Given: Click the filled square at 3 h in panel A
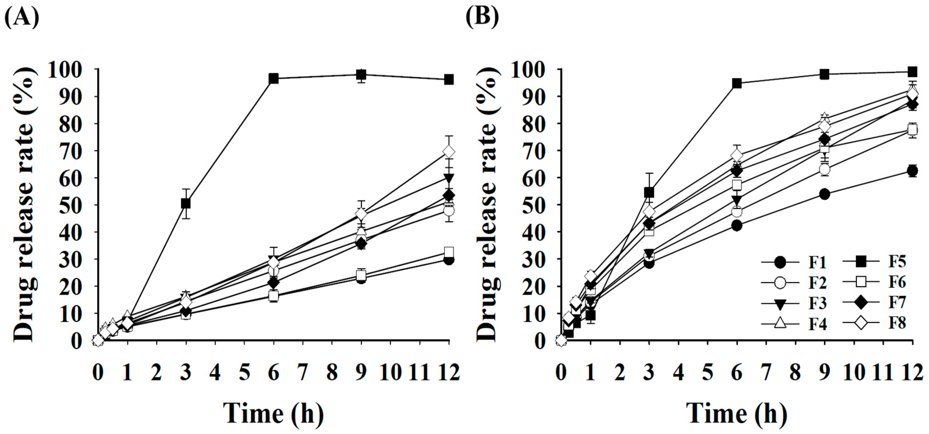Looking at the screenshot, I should click(x=186, y=204).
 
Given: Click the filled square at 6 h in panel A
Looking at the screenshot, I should click(x=274, y=78).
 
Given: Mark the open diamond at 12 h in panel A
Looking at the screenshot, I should click(x=449, y=152).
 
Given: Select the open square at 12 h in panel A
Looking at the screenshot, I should click(x=449, y=252).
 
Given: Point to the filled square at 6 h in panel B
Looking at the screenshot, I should click(x=737, y=83).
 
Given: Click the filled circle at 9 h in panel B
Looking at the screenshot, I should click(x=824, y=194).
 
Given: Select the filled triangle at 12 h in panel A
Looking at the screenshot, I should click(x=449, y=178).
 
